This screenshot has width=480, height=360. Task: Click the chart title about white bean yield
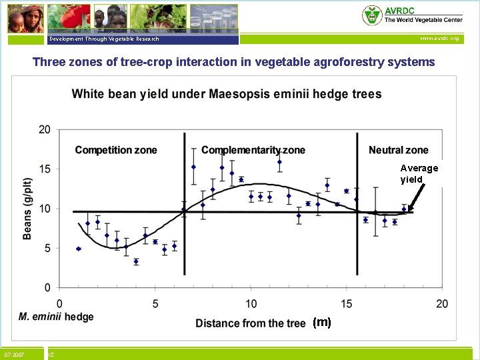coord(227,94)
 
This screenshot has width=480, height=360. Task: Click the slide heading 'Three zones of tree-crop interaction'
coord(233,62)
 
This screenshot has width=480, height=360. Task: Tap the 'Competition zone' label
coord(116,150)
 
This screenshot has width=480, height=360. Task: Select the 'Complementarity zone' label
coord(253,150)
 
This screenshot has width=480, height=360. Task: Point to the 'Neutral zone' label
coord(399,150)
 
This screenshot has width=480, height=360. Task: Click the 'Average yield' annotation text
coord(419,174)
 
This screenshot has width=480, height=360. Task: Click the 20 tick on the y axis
coord(45,129)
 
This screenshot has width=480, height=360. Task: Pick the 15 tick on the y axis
coord(45,169)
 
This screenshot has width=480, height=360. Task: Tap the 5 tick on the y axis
coord(47,249)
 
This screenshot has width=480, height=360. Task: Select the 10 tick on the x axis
coord(251,304)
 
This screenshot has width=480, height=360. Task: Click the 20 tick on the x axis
coord(442,304)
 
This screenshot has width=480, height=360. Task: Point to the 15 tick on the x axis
coord(347,304)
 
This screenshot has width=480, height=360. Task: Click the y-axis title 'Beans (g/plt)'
coord(27,208)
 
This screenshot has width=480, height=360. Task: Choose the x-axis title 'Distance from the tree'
coord(251,323)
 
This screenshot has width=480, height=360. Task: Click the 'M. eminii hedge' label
coord(56,316)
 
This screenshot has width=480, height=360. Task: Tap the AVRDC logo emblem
coord(372,15)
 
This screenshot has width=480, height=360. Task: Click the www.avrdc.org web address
coord(439,39)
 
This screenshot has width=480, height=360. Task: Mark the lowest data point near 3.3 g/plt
coord(136,261)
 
